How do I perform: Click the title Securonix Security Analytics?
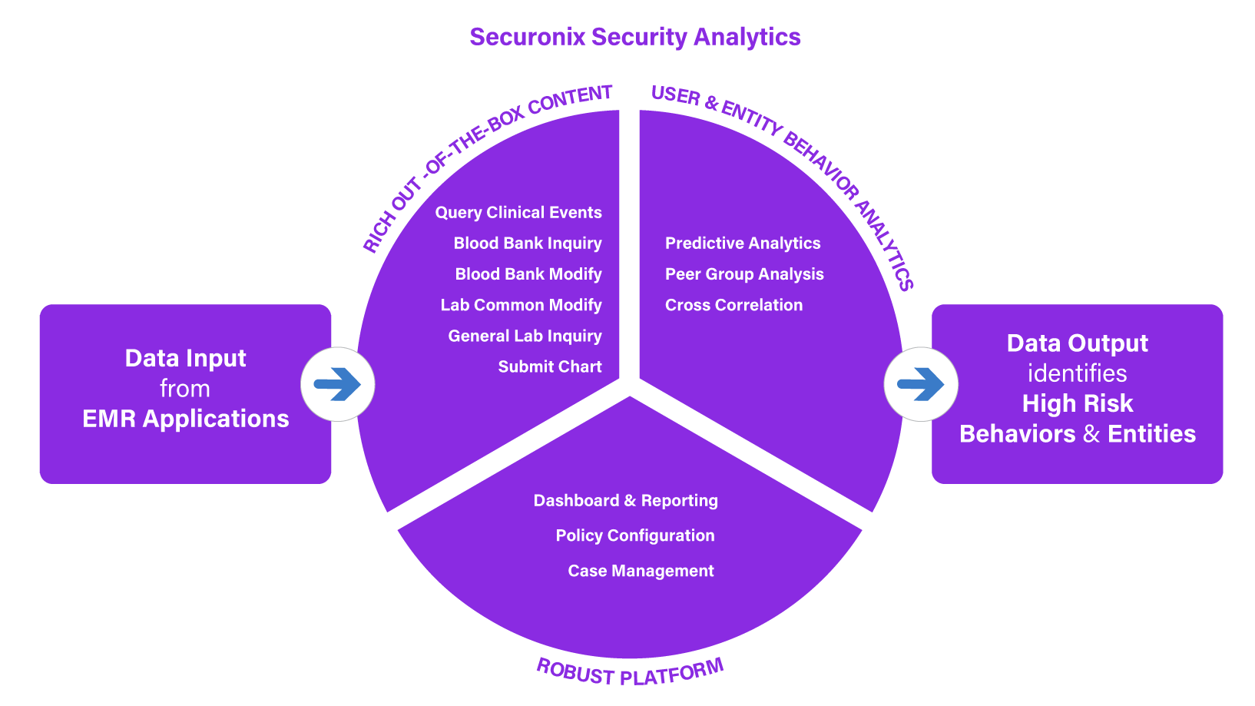[634, 37]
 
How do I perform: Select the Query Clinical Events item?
[518, 213]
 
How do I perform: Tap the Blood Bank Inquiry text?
[528, 244]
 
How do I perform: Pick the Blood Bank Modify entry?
[528, 274]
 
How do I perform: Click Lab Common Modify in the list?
[521, 305]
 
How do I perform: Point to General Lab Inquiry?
[525, 336]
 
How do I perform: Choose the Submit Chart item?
[550, 366]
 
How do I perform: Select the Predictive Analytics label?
[743, 244]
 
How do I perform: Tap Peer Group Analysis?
[744, 274]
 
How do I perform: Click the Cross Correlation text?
[733, 305]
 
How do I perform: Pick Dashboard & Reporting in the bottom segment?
[625, 501]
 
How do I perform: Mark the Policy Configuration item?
[635, 535]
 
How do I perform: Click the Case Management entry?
[641, 571]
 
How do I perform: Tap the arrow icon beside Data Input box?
[337, 384]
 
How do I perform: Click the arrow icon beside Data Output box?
[921, 384]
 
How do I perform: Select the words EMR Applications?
[185, 419]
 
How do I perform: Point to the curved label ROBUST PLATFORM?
[630, 673]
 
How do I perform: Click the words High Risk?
[1077, 403]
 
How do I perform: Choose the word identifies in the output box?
[1077, 373]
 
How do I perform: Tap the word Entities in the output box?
[1151, 434]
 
